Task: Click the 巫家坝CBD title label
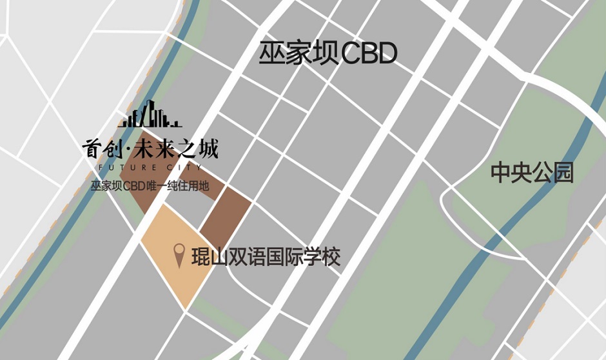(x=327, y=54)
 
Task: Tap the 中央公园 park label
(x=532, y=173)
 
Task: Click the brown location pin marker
(x=180, y=256)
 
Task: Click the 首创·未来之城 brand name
(x=150, y=150)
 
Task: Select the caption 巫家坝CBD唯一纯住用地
(x=150, y=187)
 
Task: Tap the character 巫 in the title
(x=271, y=54)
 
